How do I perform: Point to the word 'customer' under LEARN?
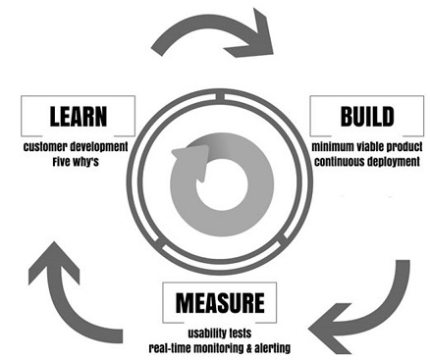coord(45,147)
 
